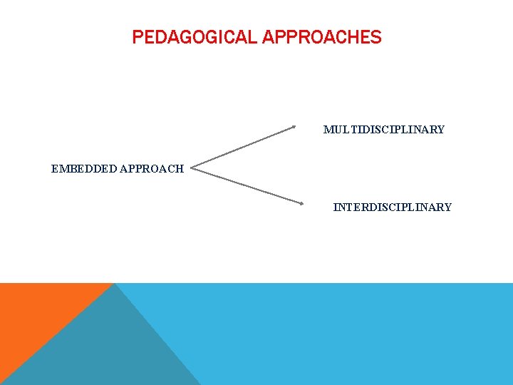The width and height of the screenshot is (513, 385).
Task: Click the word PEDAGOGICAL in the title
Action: pyautogui.click(x=195, y=37)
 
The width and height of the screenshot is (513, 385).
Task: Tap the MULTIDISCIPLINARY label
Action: pyautogui.click(x=383, y=130)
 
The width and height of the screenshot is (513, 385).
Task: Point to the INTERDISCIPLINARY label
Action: pyautogui.click(x=392, y=207)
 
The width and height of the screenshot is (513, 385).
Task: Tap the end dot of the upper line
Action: pyautogui.click(x=294, y=128)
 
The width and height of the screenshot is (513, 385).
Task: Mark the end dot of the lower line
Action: pyautogui.click(x=302, y=203)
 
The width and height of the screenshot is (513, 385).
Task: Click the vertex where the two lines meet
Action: pyautogui.click(x=192, y=170)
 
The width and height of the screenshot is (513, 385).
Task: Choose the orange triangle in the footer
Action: pyautogui.click(x=36, y=314)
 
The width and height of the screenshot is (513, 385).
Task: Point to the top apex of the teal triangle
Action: pyautogui.click(x=115, y=284)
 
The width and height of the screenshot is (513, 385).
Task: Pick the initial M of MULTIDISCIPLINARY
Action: pyautogui.click(x=328, y=130)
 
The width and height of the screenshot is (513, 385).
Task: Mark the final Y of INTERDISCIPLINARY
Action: pyautogui.click(x=447, y=207)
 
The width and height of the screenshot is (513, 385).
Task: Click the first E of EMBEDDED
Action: pyautogui.click(x=55, y=169)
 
